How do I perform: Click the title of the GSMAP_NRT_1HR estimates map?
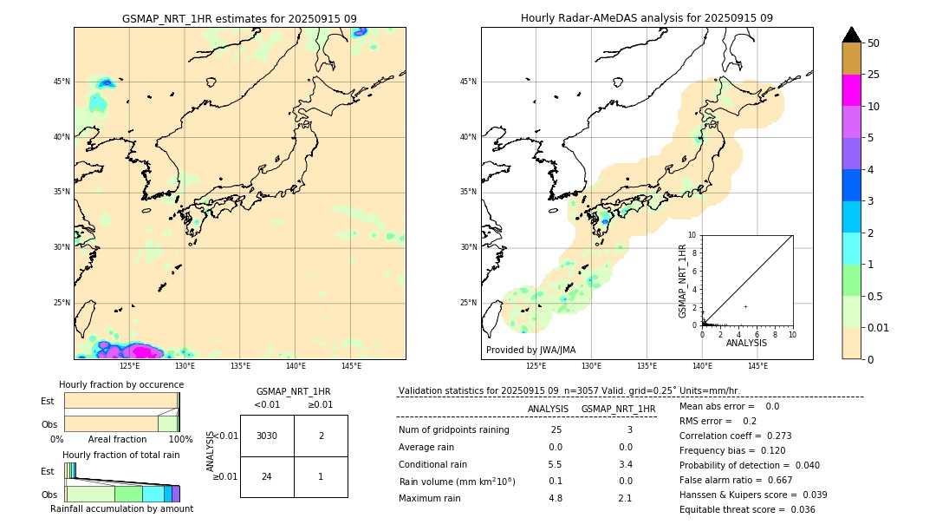coord(239,18)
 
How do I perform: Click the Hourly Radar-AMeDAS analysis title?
coord(647,18)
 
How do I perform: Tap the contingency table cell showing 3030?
coord(267,436)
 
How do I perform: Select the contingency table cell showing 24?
coord(267,475)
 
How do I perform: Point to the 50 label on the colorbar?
coord(874,43)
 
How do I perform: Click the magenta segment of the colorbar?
coord(851,90)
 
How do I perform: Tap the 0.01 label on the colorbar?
coord(879,328)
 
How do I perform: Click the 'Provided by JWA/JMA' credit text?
coord(530,350)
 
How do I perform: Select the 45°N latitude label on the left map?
coord(62,82)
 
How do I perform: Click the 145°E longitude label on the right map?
coord(757,366)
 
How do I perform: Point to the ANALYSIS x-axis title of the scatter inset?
coord(746,343)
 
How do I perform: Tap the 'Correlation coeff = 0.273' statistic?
coord(735,436)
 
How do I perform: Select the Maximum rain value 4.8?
coord(556,498)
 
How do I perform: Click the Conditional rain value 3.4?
coord(625,464)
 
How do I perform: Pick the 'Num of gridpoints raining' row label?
coord(453,430)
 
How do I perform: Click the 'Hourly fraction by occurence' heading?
coord(121,384)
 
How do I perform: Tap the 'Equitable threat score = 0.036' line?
coord(747,509)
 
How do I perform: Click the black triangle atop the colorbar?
coord(851,35)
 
